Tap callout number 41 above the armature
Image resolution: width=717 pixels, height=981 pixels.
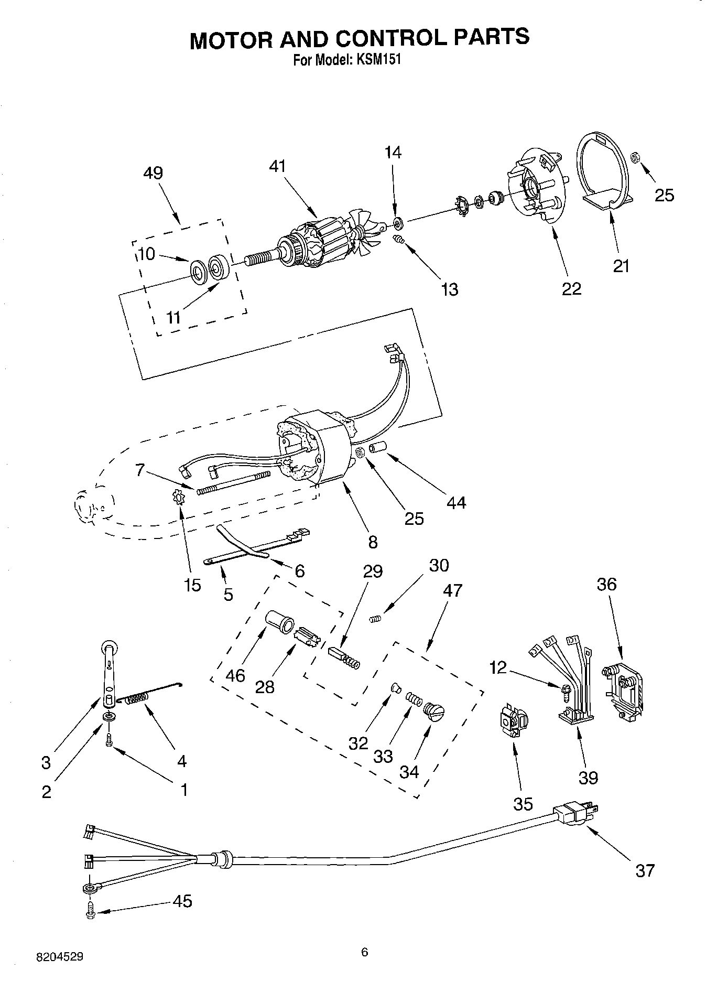point(277,166)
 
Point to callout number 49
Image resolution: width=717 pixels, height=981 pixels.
point(153,173)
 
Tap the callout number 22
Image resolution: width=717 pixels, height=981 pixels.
point(571,289)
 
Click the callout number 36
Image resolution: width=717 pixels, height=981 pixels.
point(606,584)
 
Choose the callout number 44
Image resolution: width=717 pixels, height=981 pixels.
point(456,503)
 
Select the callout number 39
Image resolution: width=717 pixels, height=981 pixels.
point(588,777)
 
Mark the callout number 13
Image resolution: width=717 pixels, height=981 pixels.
point(450,289)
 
